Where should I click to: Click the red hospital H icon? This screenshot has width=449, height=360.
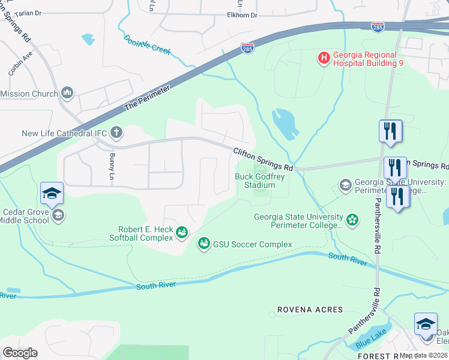[x=324, y=58]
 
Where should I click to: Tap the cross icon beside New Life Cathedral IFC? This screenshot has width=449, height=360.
[x=116, y=133]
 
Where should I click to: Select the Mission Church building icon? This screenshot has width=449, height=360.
[x=67, y=93]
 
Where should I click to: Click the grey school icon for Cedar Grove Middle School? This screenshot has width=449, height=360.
[x=58, y=215]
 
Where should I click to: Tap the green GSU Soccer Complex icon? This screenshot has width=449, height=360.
[x=204, y=244]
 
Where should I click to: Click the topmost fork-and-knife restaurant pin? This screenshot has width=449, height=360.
[x=390, y=131]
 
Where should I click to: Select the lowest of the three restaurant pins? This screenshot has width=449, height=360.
[x=397, y=197]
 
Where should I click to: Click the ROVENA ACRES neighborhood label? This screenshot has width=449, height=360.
[x=310, y=310]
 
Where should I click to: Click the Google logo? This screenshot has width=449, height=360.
[x=20, y=353]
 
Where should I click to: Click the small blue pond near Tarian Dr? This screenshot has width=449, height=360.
[x=88, y=40]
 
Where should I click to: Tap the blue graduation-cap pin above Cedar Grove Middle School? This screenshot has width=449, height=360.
[x=52, y=193]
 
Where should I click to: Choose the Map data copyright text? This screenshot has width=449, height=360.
[x=424, y=355]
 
